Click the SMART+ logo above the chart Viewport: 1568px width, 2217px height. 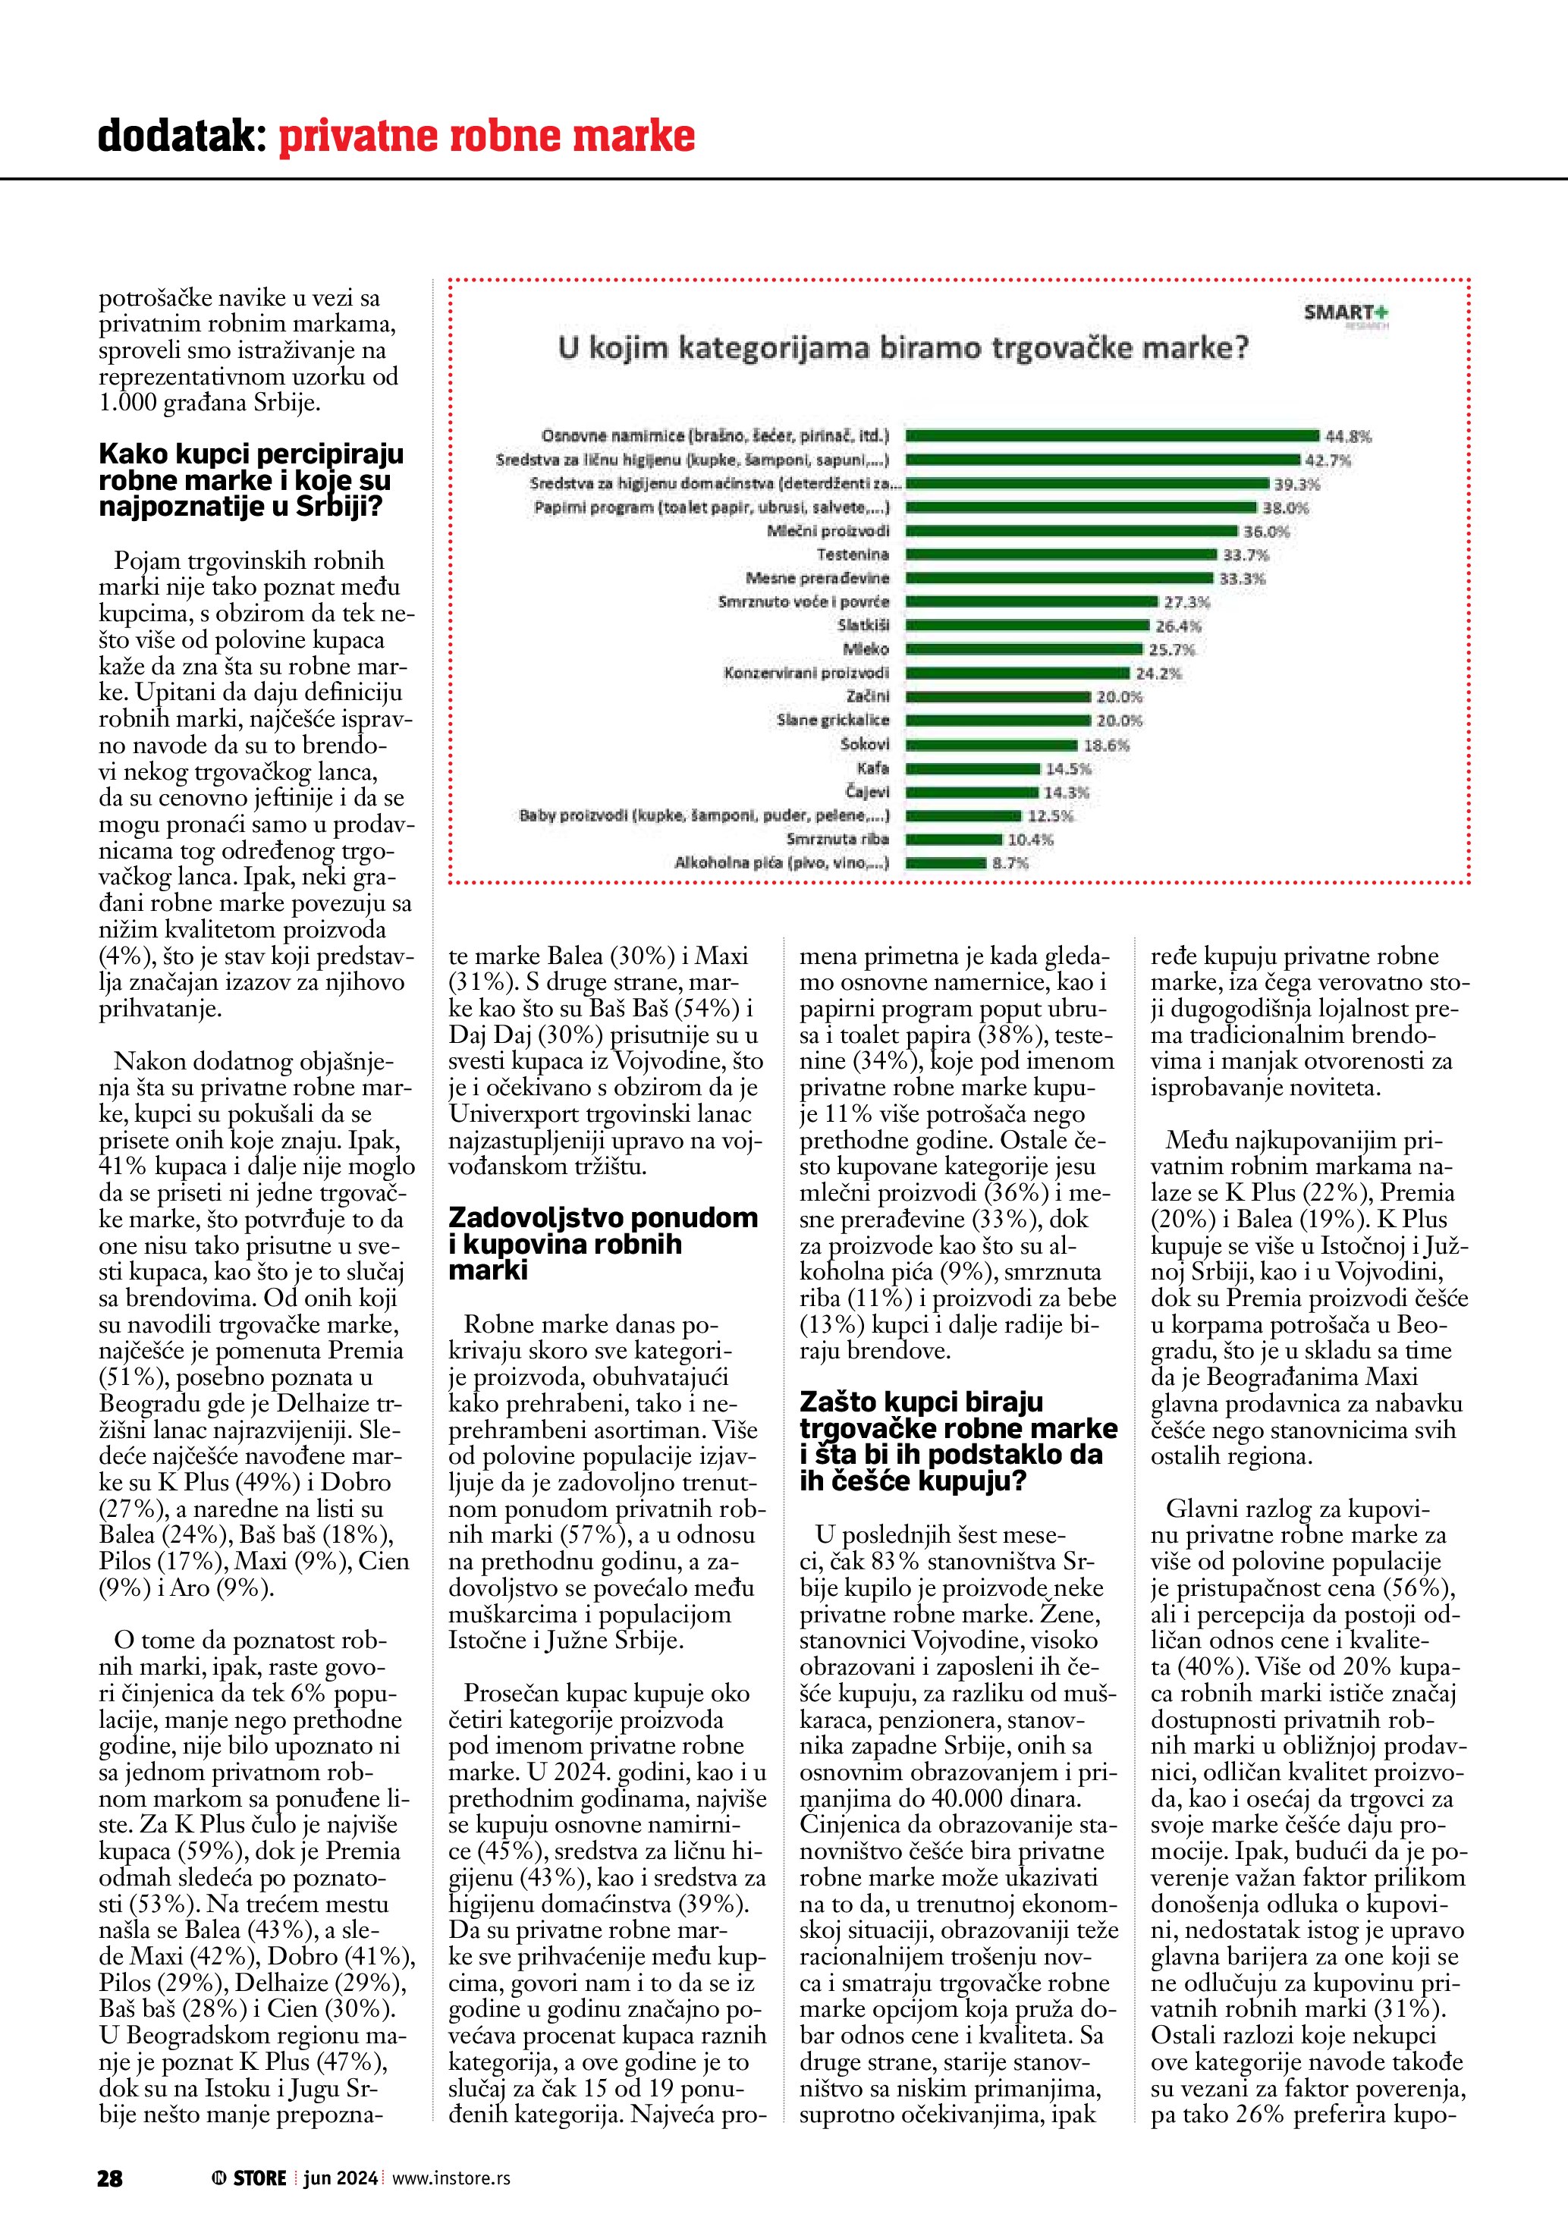click(1345, 314)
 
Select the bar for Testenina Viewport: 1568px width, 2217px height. click(1061, 554)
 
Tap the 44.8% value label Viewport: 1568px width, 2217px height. click(1348, 436)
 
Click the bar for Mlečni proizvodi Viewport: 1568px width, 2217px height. click(1071, 531)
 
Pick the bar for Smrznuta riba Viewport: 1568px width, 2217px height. click(953, 839)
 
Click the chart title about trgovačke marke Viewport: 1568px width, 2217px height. click(903, 347)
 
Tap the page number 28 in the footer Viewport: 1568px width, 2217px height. click(110, 2178)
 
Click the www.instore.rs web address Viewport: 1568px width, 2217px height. click(451, 2178)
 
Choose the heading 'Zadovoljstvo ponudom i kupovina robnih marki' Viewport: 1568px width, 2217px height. click(602, 1244)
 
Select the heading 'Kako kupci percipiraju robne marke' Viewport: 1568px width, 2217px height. click(251, 480)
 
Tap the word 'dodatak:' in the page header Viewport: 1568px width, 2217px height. click(181, 137)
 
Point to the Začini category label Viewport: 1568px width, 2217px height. click(867, 697)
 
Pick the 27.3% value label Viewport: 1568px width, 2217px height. click(1186, 602)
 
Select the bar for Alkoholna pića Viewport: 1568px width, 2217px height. click(945, 863)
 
